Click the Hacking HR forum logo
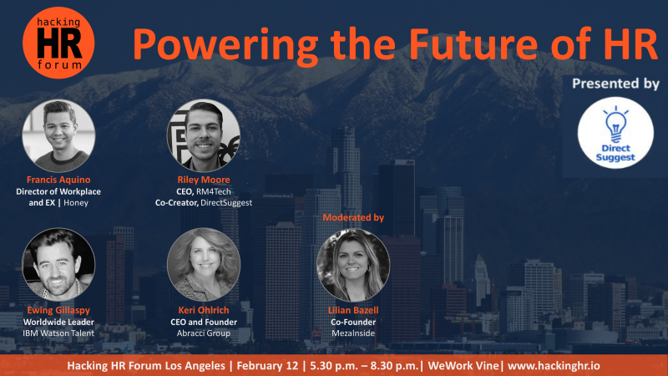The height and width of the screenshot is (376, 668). [x=58, y=43]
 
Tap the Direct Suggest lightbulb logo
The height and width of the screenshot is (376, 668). [x=615, y=133]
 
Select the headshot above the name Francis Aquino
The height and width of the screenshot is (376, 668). [x=58, y=135]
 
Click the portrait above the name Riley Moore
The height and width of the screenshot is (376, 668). [x=203, y=135]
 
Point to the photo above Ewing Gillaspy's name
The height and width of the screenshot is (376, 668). [x=58, y=264]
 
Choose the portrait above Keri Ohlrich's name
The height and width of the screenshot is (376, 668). [x=204, y=264]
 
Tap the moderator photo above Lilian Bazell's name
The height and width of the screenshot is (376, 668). [x=353, y=265]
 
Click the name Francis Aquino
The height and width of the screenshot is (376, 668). [x=58, y=180]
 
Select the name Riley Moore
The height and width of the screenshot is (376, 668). [x=204, y=180]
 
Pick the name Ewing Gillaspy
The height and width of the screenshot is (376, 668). [x=58, y=310]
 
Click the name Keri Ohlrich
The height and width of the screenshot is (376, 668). [x=204, y=310]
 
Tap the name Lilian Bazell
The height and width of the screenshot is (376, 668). [x=353, y=310]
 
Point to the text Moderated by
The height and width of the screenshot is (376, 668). [x=353, y=217]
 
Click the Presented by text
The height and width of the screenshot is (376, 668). [x=615, y=84]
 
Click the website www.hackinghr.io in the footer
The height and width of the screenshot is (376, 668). [x=554, y=366]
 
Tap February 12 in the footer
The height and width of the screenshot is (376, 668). [x=267, y=366]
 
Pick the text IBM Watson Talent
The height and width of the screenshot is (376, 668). [x=58, y=333]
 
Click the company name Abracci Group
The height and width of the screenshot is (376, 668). [x=204, y=333]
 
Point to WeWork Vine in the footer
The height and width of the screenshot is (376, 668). [x=463, y=366]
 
